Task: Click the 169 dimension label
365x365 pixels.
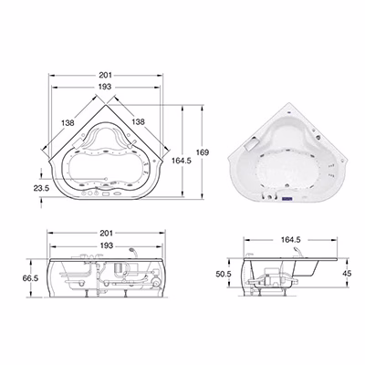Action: (203, 152)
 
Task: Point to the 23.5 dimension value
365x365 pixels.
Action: (41, 188)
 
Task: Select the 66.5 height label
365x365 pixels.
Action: (30, 278)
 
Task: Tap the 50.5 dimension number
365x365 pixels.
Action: (224, 274)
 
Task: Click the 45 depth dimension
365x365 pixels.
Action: (347, 273)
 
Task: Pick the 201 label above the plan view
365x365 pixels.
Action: (106, 75)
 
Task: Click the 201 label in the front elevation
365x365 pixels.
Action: (107, 233)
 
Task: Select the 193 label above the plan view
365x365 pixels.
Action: (105, 87)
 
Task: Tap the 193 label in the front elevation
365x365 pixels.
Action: (107, 245)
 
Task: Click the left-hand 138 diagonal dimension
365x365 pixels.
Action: (68, 123)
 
